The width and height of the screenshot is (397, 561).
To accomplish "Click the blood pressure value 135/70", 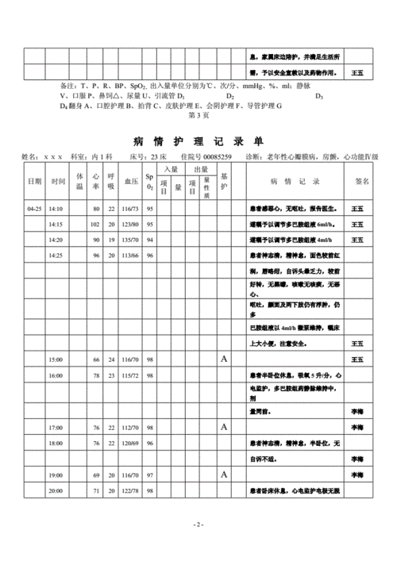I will coord(131,239).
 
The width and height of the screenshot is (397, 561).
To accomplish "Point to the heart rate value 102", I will coord(95,224).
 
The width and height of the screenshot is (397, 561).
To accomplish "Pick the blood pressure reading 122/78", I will coord(131,491).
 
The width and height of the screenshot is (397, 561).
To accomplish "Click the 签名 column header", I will coord(360,181).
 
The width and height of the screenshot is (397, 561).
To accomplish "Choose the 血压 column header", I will coord(131,181).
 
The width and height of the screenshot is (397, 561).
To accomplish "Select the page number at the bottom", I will coord(198,525).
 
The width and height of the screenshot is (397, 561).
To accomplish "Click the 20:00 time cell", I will coord(56,491).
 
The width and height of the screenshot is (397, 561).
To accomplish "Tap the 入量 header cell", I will coord(171,169).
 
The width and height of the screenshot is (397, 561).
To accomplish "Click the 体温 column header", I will coord(79,181).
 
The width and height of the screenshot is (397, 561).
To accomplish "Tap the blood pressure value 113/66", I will coord(131,256).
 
